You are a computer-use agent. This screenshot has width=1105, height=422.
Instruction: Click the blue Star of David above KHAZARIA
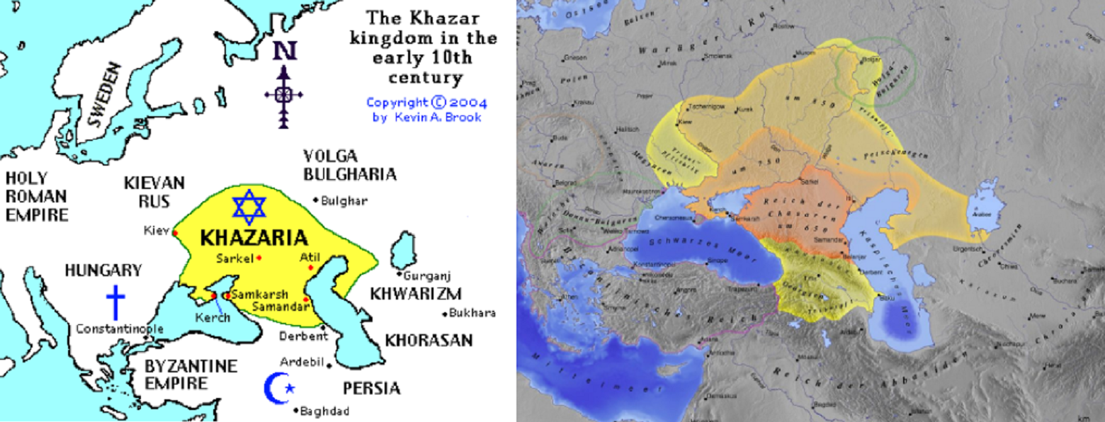[x=249, y=207]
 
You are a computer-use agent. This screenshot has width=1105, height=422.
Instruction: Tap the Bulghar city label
[x=344, y=201]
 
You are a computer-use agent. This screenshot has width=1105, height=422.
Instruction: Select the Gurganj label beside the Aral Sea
[x=427, y=275]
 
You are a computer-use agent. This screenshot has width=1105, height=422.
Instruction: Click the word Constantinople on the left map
[x=120, y=329]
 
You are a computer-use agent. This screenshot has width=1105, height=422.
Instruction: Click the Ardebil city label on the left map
[x=301, y=362]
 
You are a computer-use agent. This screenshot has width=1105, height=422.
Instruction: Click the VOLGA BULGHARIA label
[x=349, y=165]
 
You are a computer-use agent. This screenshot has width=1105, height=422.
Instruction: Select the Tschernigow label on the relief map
[x=702, y=108]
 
